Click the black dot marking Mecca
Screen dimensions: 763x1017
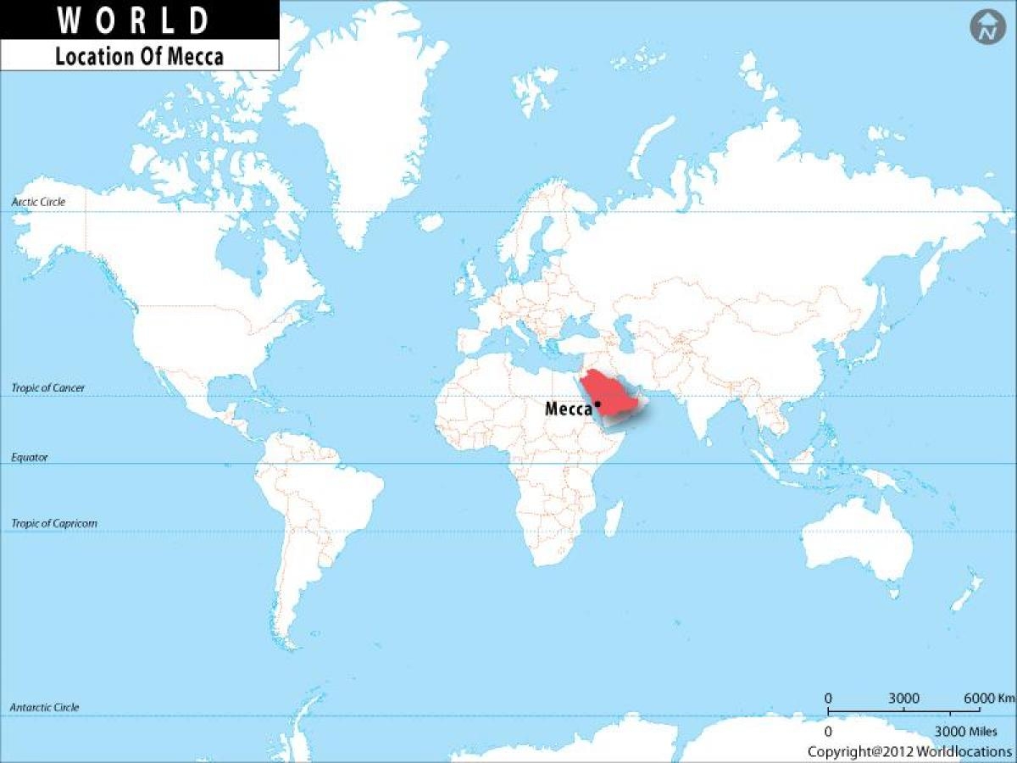pos(598,404)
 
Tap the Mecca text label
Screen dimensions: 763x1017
pos(568,409)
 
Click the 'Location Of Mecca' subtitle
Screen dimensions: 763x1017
pos(140,57)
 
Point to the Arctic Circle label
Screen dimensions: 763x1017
pos(38,203)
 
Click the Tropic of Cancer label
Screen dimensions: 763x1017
pos(48,387)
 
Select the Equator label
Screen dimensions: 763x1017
pos(30,457)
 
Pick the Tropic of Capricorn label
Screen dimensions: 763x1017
pos(54,523)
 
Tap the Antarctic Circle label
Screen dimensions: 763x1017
pos(44,707)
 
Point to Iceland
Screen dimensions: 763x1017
pos(431,222)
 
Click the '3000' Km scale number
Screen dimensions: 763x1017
pos(904,698)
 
